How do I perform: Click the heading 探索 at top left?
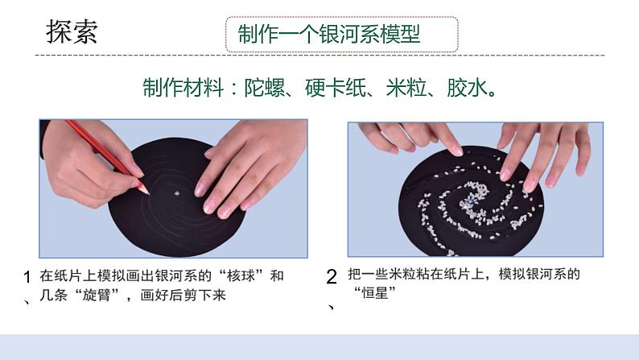pyautogui.click(x=72, y=33)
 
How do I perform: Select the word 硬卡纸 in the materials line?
pyautogui.click(x=334, y=87)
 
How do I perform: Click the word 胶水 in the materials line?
pyautogui.click(x=468, y=87)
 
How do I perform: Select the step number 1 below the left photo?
pyautogui.click(x=28, y=277)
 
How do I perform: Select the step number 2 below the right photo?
pyautogui.click(x=331, y=277)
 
